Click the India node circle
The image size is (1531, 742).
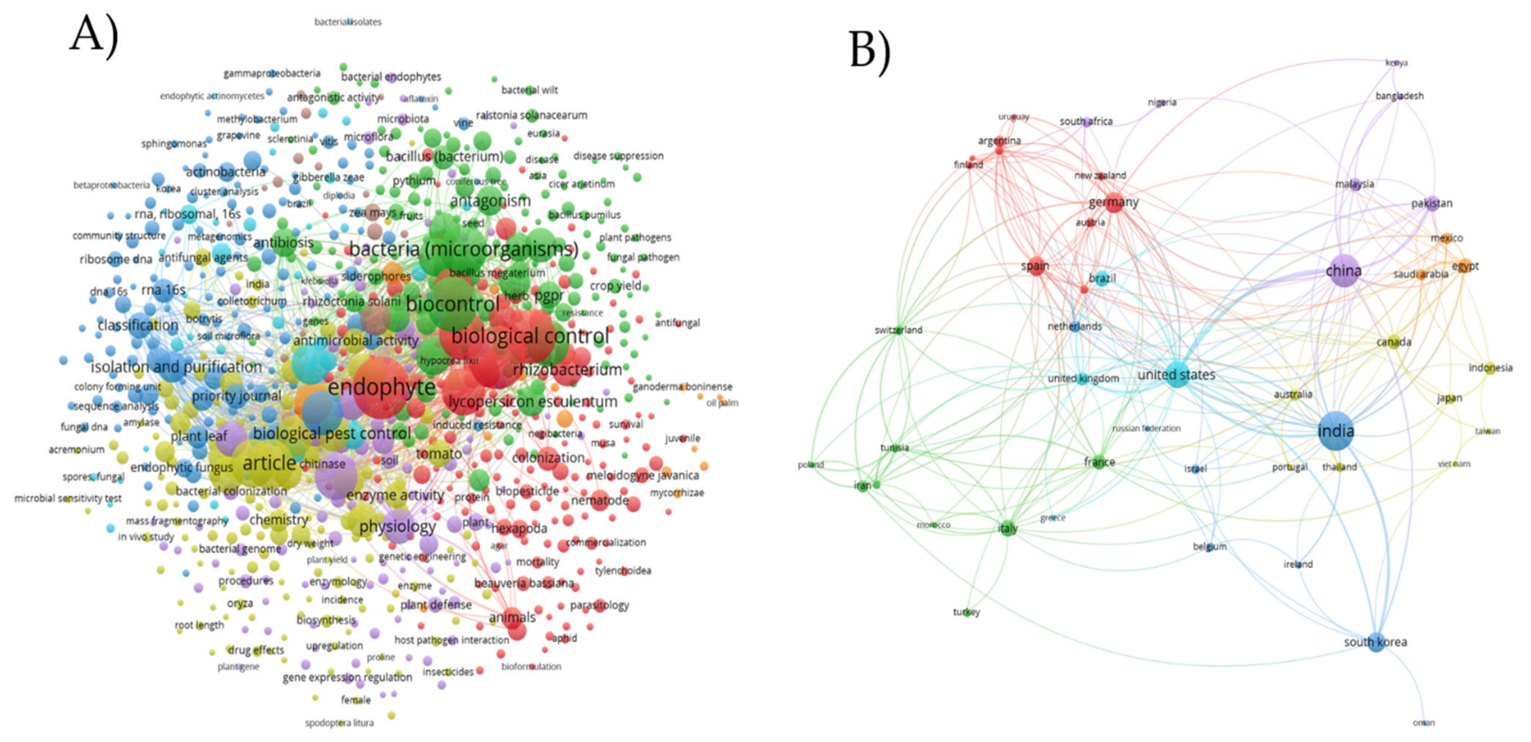click(1335, 431)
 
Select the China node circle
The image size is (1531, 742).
click(1343, 271)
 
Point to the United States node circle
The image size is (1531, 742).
click(1177, 375)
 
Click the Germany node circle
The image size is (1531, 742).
click(1114, 203)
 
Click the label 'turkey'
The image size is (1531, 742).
click(967, 612)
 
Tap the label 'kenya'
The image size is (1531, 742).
click(1396, 62)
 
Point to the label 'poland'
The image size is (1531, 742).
click(811, 465)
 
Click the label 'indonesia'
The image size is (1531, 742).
click(1490, 368)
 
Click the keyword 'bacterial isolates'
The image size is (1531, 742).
click(348, 22)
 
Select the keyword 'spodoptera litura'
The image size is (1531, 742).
click(339, 723)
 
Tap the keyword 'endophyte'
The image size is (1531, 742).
click(382, 387)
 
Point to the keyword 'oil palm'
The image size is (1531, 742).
click(722, 403)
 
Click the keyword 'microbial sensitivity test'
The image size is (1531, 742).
click(68, 498)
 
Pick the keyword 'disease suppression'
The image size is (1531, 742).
click(618, 156)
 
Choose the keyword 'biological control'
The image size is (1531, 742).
click(530, 336)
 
